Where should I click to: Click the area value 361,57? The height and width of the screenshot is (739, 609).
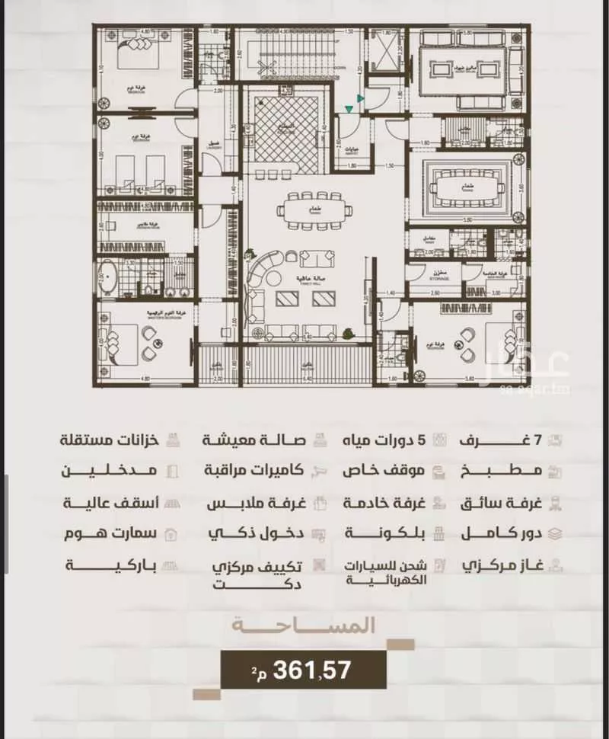pos(311,670)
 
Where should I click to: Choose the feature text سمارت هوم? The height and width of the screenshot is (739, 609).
pos(113,533)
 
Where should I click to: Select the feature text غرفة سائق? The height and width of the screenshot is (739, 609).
pos(500,503)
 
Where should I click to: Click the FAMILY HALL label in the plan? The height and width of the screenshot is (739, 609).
pos(289,280)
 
